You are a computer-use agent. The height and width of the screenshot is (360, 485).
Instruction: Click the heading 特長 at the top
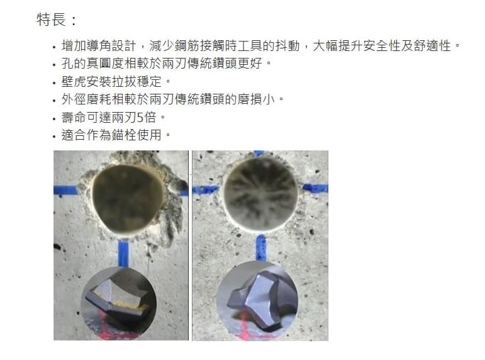(52, 20)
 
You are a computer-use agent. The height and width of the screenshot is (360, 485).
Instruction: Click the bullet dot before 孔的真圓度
(55, 65)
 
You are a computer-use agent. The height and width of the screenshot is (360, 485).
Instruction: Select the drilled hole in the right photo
(260, 193)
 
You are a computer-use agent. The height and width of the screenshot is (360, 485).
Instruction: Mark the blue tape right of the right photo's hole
(315, 188)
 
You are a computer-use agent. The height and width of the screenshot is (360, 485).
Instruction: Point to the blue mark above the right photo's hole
(259, 153)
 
